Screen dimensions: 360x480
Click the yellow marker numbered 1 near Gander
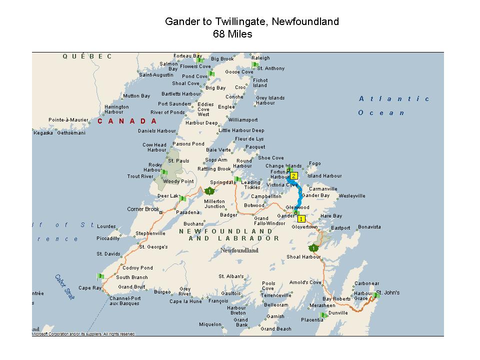(x=301, y=218)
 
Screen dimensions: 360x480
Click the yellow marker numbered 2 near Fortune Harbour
(x=294, y=175)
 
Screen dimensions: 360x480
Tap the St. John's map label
(x=388, y=292)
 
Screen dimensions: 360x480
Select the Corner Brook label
(x=143, y=209)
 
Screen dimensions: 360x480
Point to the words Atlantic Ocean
(x=394, y=105)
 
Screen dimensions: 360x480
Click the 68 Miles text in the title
(x=232, y=34)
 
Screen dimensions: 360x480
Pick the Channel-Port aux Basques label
(x=124, y=301)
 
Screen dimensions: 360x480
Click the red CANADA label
(x=127, y=121)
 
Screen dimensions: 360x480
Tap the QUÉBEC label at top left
(x=87, y=56)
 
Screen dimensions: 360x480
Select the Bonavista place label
(x=369, y=227)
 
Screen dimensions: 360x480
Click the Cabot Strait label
(x=65, y=287)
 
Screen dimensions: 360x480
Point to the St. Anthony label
(x=271, y=68)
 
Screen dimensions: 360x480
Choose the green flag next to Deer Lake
(x=182, y=198)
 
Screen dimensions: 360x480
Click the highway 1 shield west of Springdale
(x=209, y=191)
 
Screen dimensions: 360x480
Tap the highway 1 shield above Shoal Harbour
(x=313, y=248)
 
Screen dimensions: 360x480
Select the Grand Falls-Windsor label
(x=269, y=220)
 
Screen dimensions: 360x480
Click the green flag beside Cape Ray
(x=100, y=276)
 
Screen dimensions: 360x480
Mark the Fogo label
(x=315, y=163)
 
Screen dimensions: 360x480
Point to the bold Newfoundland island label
(x=239, y=250)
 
